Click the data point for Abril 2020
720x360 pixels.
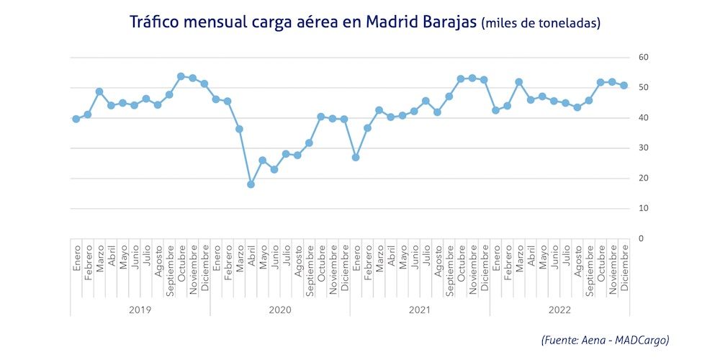coord(251,184)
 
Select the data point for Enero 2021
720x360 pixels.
coord(356,157)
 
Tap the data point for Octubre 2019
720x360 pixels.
coord(181,76)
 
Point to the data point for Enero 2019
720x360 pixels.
coord(76,119)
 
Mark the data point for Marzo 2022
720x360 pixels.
coord(518,82)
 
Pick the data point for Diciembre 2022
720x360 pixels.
coord(624,86)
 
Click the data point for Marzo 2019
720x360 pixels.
coord(99,91)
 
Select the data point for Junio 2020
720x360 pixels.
coord(274,169)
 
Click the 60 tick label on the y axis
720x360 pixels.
coord(644,58)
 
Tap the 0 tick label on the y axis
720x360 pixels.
coord(642,239)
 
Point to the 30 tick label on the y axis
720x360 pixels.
coord(644,148)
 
